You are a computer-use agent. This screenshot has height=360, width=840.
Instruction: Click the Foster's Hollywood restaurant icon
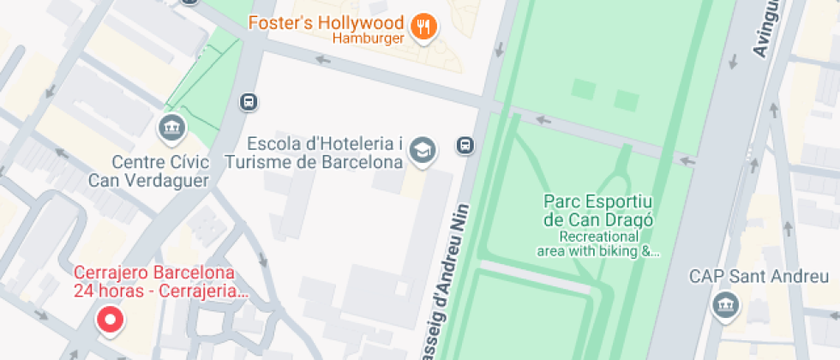click(x=423, y=28)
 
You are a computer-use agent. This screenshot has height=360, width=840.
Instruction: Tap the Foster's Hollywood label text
click(x=326, y=22)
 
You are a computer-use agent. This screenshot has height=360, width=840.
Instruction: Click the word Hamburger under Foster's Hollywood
click(x=368, y=39)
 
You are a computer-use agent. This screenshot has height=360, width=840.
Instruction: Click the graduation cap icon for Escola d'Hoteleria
click(x=422, y=151)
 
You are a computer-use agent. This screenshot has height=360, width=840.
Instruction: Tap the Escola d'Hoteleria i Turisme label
click(x=325, y=152)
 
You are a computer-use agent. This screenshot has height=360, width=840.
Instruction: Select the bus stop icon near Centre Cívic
click(x=249, y=102)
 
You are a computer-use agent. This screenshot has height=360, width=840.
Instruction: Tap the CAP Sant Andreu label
click(x=759, y=276)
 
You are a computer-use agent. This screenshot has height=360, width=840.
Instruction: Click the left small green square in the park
click(x=583, y=89)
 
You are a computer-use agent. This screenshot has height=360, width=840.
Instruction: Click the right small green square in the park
click(x=626, y=100)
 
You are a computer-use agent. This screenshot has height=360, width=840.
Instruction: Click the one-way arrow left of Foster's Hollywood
click(x=323, y=60)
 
